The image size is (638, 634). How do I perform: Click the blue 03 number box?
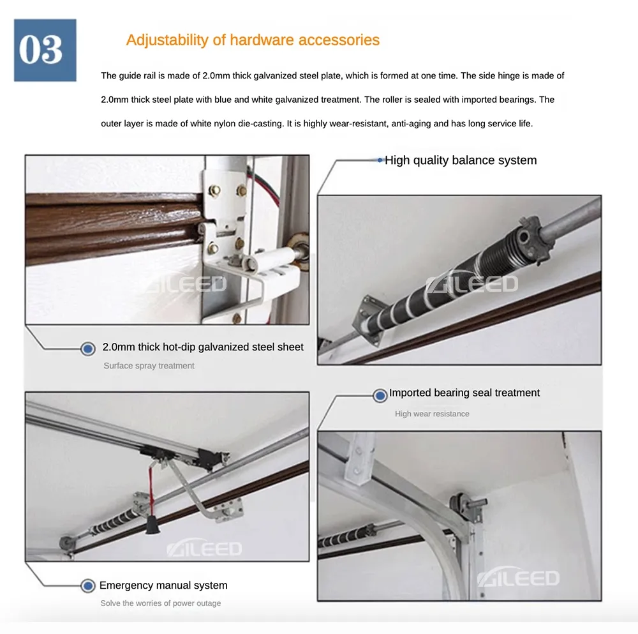point(45,50)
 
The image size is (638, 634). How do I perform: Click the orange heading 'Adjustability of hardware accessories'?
point(253,40)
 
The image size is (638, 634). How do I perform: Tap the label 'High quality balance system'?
point(461,160)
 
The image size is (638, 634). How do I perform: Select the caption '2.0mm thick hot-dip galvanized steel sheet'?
point(203,347)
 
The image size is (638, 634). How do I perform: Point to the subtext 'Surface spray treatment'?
point(149,366)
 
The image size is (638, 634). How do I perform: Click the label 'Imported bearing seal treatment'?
point(464,393)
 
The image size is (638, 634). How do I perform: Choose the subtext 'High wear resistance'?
point(432,414)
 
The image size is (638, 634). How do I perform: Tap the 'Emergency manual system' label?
point(163,585)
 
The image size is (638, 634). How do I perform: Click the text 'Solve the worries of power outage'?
point(161,603)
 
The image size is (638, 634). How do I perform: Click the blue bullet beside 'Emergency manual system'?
point(88,586)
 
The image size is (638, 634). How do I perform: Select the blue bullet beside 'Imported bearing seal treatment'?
point(380,395)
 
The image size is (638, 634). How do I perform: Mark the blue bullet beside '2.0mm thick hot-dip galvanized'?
point(88,349)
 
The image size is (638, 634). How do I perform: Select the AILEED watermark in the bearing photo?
point(518,577)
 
